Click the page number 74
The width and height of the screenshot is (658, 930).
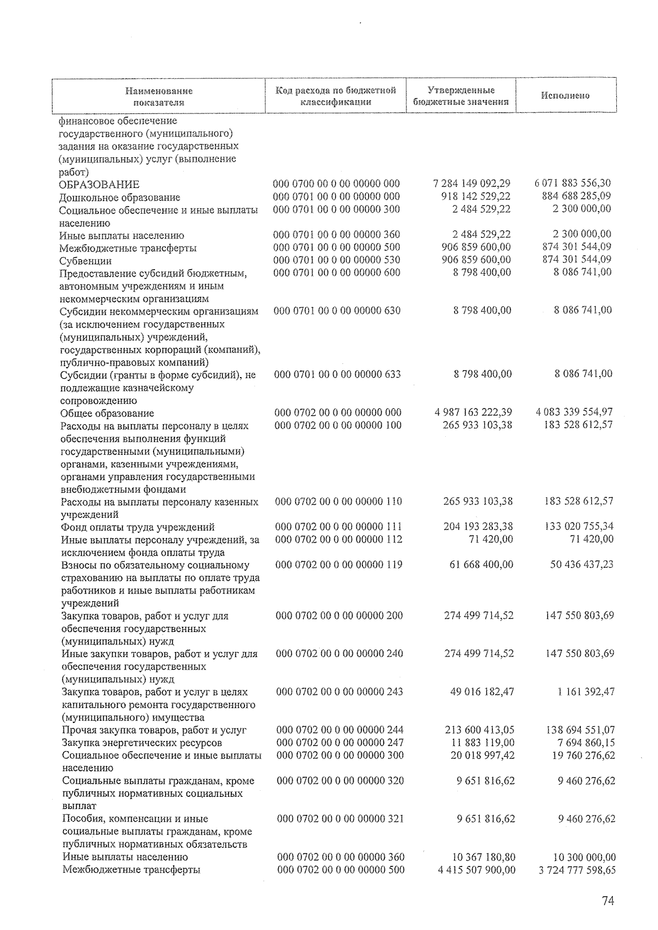coord(607,902)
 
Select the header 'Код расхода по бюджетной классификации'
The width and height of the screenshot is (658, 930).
coord(336,96)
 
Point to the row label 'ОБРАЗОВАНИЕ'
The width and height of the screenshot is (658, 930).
coord(99,185)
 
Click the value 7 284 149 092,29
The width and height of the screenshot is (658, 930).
coord(472,184)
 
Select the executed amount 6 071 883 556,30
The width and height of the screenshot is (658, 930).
coord(572,184)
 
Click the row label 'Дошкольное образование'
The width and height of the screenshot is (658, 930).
coord(120,197)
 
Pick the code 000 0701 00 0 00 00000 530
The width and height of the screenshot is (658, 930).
coord(337,260)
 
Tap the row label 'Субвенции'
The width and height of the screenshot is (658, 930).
coord(86,261)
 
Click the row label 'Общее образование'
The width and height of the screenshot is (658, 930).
coord(107,413)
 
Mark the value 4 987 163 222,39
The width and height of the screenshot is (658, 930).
coord(472,412)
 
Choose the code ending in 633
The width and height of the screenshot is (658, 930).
coord(338,374)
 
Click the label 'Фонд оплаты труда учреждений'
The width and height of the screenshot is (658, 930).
coord(138,527)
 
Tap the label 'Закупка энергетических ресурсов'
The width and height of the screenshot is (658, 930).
coord(142,743)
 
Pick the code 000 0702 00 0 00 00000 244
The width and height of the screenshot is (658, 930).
coord(340,730)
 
